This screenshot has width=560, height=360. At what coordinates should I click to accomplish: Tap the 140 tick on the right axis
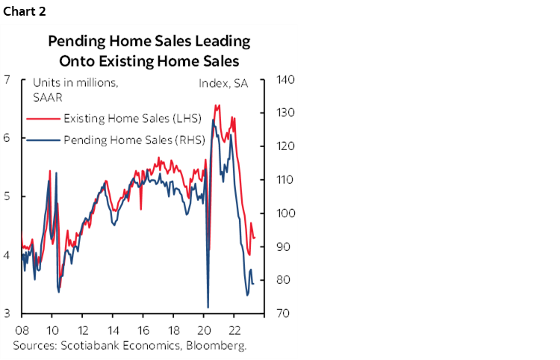(287, 80)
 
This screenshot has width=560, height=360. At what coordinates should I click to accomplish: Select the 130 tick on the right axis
(287, 113)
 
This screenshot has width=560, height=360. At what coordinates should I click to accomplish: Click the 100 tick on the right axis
(287, 214)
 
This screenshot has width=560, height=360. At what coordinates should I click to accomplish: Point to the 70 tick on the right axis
(284, 313)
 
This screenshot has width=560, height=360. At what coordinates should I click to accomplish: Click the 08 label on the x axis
(22, 329)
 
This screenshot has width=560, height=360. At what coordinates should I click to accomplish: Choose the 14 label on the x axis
(113, 329)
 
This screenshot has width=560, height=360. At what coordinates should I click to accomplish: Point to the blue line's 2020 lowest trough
(208, 307)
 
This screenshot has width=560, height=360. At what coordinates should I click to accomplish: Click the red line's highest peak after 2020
(216, 105)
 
